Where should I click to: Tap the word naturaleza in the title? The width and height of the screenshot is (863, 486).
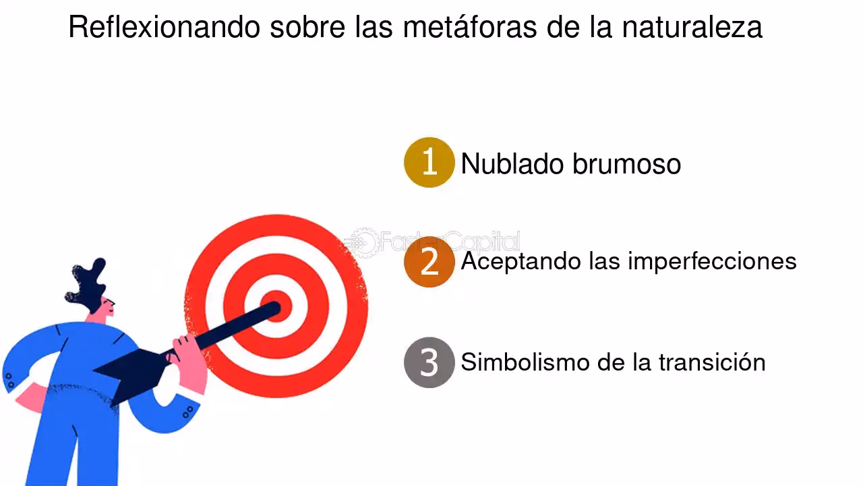coord(692,28)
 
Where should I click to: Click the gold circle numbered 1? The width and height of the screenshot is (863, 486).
coord(429,162)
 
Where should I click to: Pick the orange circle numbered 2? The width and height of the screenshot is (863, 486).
coord(429,262)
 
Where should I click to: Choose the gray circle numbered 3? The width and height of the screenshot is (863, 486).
coord(429,362)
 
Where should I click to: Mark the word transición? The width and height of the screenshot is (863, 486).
coord(712,362)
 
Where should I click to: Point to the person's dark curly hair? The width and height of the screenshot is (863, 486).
coord(88,284)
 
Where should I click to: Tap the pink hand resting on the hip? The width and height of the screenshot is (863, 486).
coord(27,398)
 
